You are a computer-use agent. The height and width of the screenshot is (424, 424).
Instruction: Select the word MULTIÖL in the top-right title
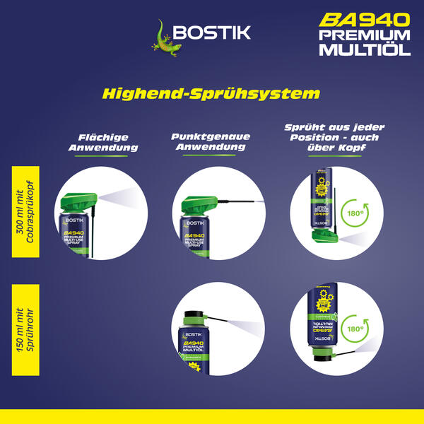pyautogui.click(x=365, y=49)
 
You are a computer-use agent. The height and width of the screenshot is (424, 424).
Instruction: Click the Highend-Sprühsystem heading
pyautogui.click(x=211, y=93)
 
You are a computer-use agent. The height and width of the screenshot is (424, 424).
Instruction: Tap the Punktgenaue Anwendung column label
pyautogui.click(x=209, y=142)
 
